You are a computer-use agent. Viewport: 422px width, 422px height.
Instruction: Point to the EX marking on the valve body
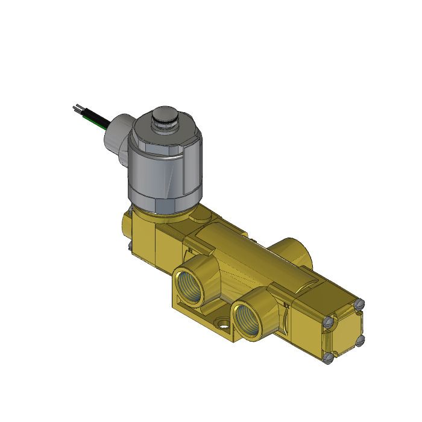point(287,306)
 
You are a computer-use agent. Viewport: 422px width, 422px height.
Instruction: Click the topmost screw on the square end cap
point(361,304)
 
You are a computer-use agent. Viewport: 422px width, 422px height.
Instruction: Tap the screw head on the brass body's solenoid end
point(129,245)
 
